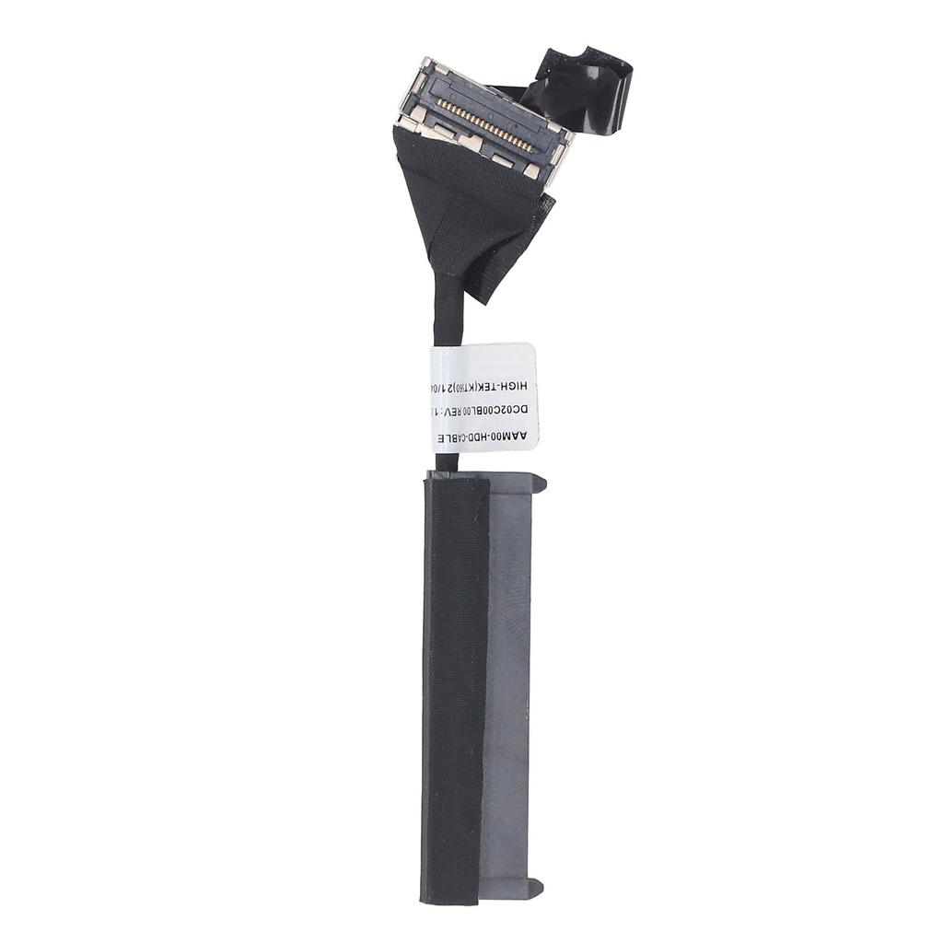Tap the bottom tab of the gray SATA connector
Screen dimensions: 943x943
pyautogui.click(x=532, y=888)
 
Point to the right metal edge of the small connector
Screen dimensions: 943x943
pyautogui.click(x=559, y=161)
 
